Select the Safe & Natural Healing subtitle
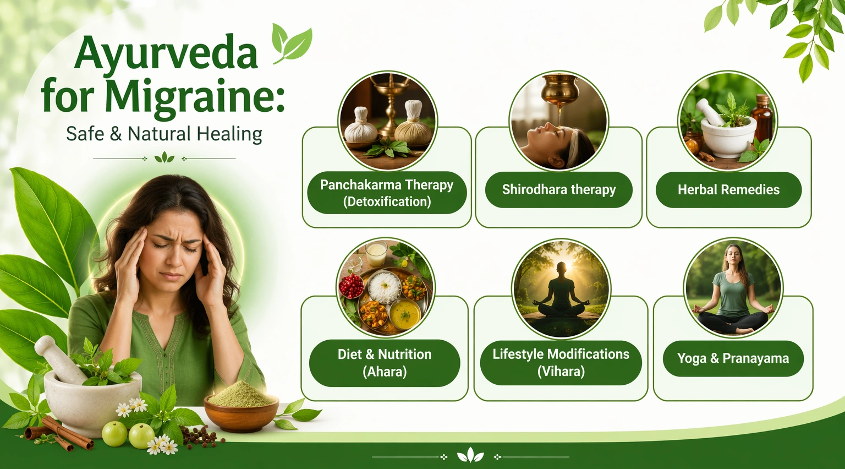tap(164, 134)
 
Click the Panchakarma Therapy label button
tap(387, 193)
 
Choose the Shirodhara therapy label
tap(559, 189)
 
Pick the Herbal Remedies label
tap(728, 189)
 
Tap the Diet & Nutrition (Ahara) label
tap(385, 363)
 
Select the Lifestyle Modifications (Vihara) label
tap(561, 363)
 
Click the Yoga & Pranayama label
tap(733, 358)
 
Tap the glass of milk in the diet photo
tap(376, 253)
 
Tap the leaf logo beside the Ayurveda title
tap(292, 43)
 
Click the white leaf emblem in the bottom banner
tap(470, 455)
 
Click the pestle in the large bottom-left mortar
tap(61, 358)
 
